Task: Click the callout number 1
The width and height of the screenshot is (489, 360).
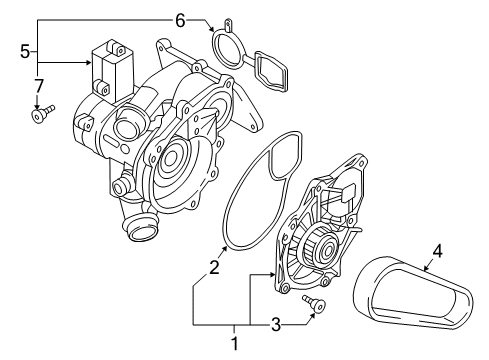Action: click(234, 343)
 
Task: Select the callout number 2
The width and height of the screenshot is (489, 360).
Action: click(214, 267)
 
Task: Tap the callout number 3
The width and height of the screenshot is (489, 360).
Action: click(276, 325)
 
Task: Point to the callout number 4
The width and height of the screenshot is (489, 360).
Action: click(437, 251)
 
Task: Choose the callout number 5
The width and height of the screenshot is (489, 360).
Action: click(25, 52)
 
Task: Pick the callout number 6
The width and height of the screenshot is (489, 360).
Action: click(180, 21)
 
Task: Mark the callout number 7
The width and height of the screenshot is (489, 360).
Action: click(39, 86)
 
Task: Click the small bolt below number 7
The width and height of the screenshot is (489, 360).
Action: click(42, 114)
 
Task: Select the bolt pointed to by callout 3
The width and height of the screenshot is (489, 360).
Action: click(314, 302)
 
